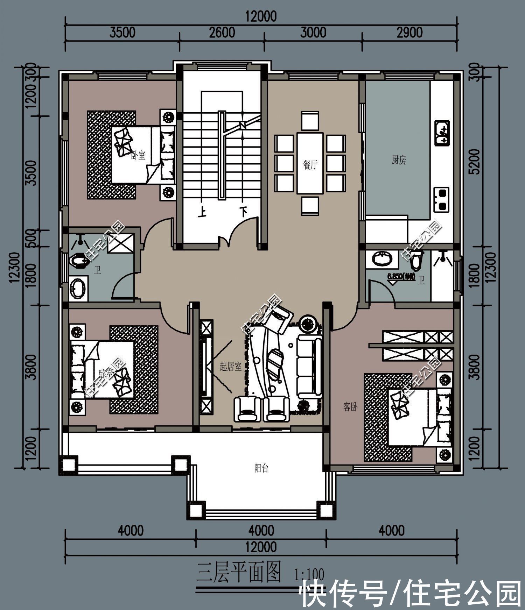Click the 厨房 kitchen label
pos(399,160)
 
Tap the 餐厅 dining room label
pos(310,164)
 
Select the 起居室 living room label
pos(230,367)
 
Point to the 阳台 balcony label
pos(261,468)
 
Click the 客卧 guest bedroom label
pos(350,407)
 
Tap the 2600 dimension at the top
pos(222,33)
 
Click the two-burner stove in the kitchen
pos(442,199)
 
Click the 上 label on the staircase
pos(202,212)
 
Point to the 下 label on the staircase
pos(243,212)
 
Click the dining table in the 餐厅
pos(310,163)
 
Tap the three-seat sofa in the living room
pos(309,367)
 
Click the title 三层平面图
pos(239,573)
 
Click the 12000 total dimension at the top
pos(261,16)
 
